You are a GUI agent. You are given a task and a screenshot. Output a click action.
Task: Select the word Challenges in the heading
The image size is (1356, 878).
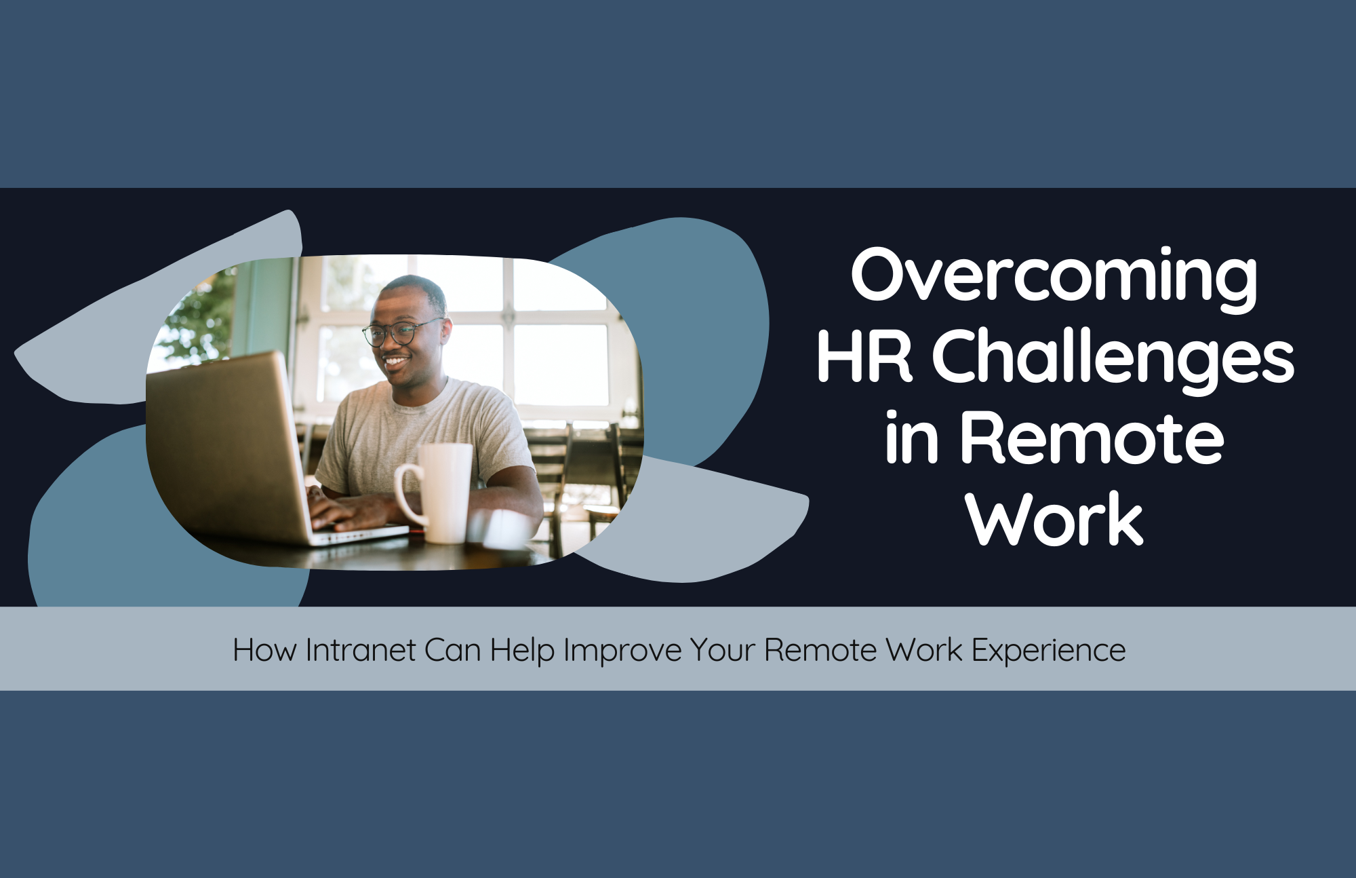click(x=1113, y=358)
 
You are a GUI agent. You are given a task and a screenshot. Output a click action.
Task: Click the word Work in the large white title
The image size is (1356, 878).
click(x=1054, y=519)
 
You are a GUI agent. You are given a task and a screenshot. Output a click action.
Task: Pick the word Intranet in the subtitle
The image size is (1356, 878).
click(x=360, y=650)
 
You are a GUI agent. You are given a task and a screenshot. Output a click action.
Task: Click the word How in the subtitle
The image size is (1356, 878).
click(x=264, y=650)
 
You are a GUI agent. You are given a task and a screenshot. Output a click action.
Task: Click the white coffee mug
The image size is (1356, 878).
click(x=444, y=492)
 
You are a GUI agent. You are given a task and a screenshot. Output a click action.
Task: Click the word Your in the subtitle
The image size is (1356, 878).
click(x=723, y=650)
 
